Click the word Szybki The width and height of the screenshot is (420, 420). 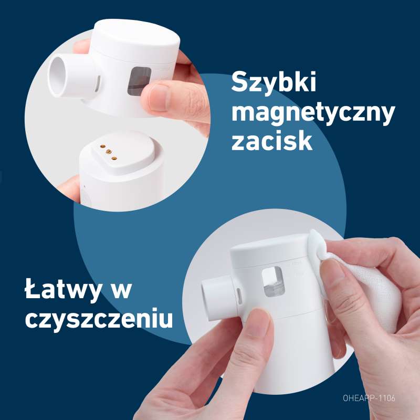point(274,82)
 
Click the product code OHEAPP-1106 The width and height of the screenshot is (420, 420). point(369,398)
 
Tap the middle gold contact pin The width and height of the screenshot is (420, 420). point(109,152)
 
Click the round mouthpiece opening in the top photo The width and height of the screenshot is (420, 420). point(57,77)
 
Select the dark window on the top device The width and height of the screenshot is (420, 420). point(139,81)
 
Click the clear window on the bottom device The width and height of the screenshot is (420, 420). point(273,282)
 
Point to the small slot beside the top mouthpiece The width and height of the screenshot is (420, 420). point(98,83)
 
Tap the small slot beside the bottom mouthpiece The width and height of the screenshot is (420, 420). point(239,297)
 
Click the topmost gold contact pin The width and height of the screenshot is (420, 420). point(102,146)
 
